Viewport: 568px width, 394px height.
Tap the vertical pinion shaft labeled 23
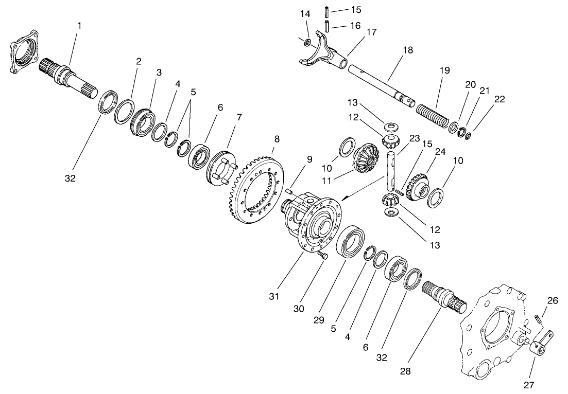pyautogui.click(x=392, y=170)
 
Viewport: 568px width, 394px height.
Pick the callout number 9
pyautogui.click(x=309, y=159)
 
